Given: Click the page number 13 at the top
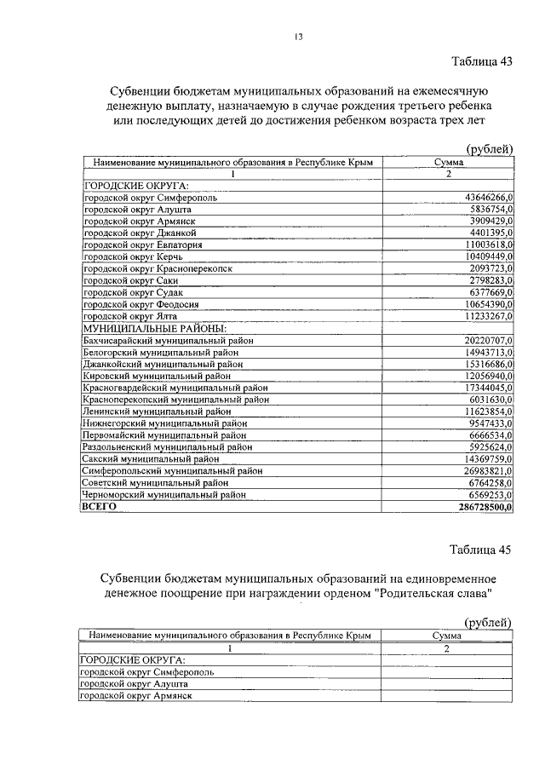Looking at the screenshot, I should pyautogui.click(x=297, y=37).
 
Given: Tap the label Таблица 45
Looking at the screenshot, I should pyautogui.click(x=481, y=549).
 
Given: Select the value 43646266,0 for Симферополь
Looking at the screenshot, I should pyautogui.click(x=484, y=197).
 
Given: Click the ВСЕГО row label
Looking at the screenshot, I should pyautogui.click(x=98, y=506).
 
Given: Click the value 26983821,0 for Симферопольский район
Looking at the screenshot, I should pyautogui.click(x=482, y=470).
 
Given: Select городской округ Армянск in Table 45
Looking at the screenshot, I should pyautogui.click(x=135, y=695).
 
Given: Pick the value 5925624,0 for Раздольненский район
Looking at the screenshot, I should pyautogui.click(x=486, y=446).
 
